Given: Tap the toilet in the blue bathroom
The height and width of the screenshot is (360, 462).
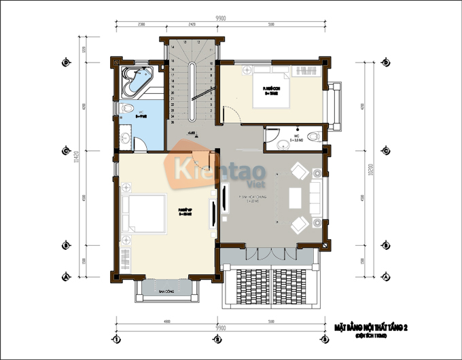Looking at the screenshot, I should [x=127, y=109].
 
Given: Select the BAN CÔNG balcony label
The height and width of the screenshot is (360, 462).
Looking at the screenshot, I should [x=166, y=291].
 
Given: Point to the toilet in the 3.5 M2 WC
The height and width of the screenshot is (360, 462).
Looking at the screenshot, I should [x=312, y=137].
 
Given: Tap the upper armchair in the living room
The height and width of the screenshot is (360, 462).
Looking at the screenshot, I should [x=300, y=170].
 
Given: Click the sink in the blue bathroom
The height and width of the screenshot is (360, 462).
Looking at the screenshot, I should [x=126, y=139].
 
